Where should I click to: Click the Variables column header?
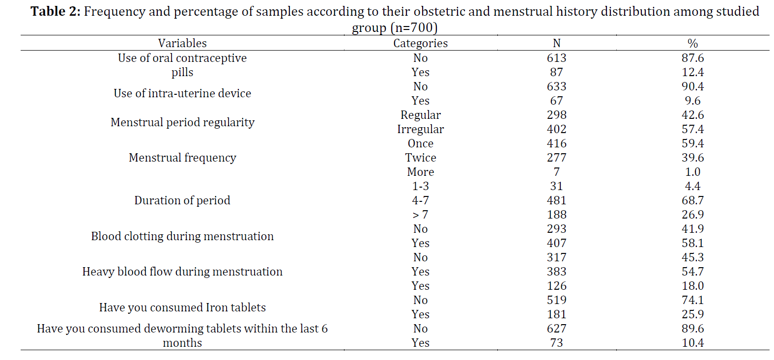click(x=182, y=43)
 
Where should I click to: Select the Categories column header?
click(x=420, y=43)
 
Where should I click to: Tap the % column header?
click(x=692, y=43)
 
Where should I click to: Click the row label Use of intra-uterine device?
click(x=182, y=93)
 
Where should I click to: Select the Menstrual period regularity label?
click(x=182, y=122)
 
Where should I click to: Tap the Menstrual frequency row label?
click(x=182, y=158)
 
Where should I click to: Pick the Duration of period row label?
click(x=182, y=200)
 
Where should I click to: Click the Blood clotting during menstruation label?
click(x=182, y=236)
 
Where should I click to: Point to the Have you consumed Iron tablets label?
click(x=182, y=307)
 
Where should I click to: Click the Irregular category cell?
click(x=420, y=129)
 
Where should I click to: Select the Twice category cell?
click(x=420, y=158)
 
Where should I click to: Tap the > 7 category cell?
click(x=420, y=215)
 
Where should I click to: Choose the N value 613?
click(x=556, y=57)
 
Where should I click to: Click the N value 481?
click(x=556, y=200)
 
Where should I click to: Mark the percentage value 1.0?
click(x=692, y=172)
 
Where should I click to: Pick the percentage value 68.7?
click(x=692, y=200)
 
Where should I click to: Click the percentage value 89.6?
click(x=692, y=329)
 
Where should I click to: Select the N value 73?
click(x=556, y=343)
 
